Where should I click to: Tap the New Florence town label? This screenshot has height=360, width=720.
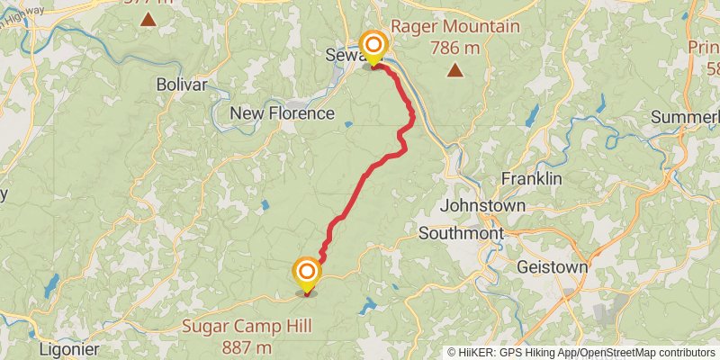tap(283, 113)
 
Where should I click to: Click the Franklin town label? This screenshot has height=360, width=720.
tap(531, 178)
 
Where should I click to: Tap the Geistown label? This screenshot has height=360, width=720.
tap(553, 267)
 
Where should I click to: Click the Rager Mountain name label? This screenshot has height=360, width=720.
tap(456, 26)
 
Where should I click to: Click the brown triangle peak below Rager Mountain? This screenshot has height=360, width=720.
tap(456, 69)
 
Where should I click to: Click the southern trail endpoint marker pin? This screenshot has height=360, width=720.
tap(307, 273)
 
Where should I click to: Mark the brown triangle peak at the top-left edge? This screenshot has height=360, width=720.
tap(147, 17)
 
